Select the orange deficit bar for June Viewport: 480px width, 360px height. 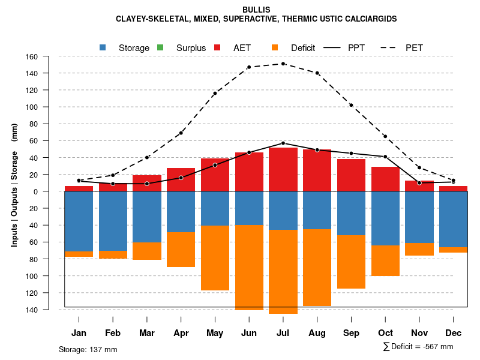coord(249,268)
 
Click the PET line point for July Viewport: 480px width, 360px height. coord(283,64)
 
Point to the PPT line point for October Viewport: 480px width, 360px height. coord(385,157)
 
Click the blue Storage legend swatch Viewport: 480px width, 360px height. coord(103,47)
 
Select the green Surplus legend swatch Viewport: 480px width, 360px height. coord(160,47)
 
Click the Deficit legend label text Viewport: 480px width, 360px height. coord(303,47)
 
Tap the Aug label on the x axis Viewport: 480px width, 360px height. coord(317,333)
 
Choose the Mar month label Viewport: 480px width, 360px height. coord(147,333)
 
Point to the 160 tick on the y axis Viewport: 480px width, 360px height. coord(32,56)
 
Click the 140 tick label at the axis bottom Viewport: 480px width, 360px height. coord(32,310)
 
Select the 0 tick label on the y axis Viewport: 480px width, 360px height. coord(35,191)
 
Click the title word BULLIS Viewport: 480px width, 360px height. coord(256,10)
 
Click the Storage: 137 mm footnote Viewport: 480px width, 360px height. coord(88,349)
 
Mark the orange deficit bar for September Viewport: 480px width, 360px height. coord(351,262)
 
